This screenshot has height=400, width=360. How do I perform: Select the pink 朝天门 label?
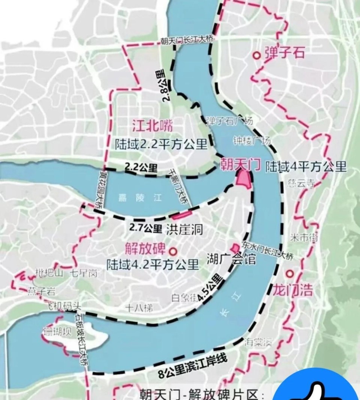240,165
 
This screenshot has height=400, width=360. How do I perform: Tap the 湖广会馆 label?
231,259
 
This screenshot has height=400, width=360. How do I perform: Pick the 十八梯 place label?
139,308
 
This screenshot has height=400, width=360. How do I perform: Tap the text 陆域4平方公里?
305,167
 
